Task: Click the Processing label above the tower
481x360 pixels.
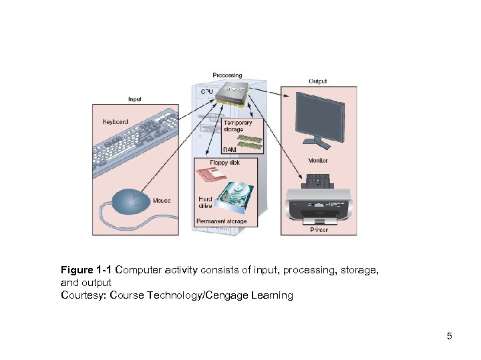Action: [227, 75]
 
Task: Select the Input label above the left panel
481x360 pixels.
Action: [134, 99]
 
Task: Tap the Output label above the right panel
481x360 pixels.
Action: [317, 81]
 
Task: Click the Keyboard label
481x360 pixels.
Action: [115, 122]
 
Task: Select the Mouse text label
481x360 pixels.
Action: [162, 200]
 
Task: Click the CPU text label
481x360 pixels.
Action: [208, 91]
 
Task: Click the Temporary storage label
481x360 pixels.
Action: [238, 126]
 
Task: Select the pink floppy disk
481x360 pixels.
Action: [212, 176]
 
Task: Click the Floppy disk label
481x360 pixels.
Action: [224, 162]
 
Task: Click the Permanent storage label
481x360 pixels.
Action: [221, 221]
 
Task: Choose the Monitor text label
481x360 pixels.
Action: [318, 161]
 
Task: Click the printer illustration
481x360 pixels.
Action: [318, 200]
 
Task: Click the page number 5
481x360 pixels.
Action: [450, 336]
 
